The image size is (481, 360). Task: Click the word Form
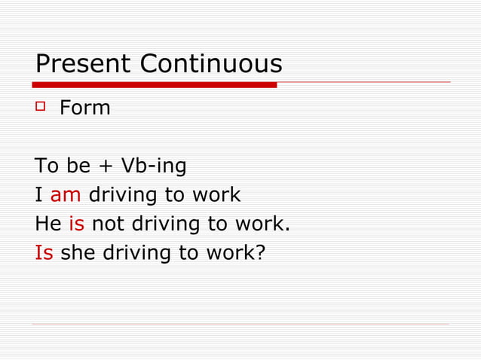(x=85, y=108)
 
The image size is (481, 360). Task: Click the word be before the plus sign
(x=78, y=166)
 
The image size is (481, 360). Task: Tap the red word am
(x=66, y=195)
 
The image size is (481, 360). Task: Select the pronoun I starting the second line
(x=38, y=195)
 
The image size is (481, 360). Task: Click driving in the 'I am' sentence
(x=123, y=195)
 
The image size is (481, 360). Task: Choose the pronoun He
(x=48, y=224)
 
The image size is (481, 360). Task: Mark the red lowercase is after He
(x=76, y=224)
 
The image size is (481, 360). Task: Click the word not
(x=108, y=224)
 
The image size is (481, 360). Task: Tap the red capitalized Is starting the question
(x=44, y=252)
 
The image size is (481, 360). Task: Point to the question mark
(x=261, y=252)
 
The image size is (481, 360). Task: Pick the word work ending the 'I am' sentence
(x=216, y=195)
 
